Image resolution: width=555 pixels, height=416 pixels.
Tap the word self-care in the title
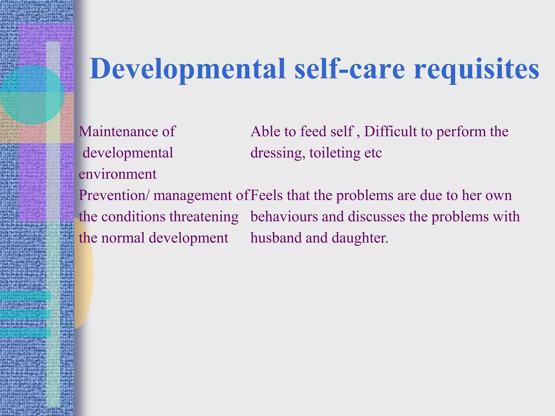click(x=350, y=69)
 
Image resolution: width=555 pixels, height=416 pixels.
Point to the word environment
click(x=118, y=174)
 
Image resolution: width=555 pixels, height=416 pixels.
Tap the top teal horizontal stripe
click(x=25, y=296)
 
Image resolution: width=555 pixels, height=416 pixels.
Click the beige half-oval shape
click(x=83, y=274)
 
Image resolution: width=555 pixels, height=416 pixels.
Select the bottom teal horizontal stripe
click(x=25, y=333)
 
